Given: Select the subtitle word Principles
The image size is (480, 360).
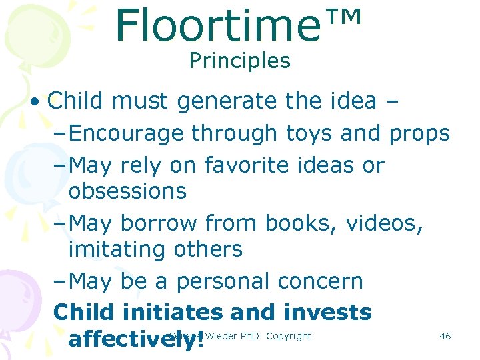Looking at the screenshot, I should (x=239, y=61).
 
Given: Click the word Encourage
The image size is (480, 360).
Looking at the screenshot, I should (x=126, y=133).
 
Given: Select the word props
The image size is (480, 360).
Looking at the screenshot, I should (x=420, y=133).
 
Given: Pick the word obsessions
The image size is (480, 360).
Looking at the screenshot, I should (x=127, y=191).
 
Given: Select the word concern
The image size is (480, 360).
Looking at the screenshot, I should (x=320, y=281).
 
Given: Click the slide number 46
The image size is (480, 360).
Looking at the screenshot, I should (x=445, y=336).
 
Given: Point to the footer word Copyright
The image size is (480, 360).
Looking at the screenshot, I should (x=288, y=336).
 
